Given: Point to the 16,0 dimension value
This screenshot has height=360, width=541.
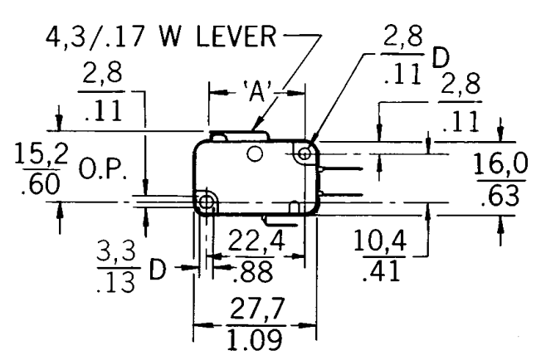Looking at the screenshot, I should (x=503, y=165).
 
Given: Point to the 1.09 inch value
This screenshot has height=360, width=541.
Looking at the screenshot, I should (x=254, y=340).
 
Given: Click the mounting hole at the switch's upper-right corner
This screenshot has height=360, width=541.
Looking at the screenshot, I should (x=306, y=153).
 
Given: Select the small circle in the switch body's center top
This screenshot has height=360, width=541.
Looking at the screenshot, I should (x=255, y=153).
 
